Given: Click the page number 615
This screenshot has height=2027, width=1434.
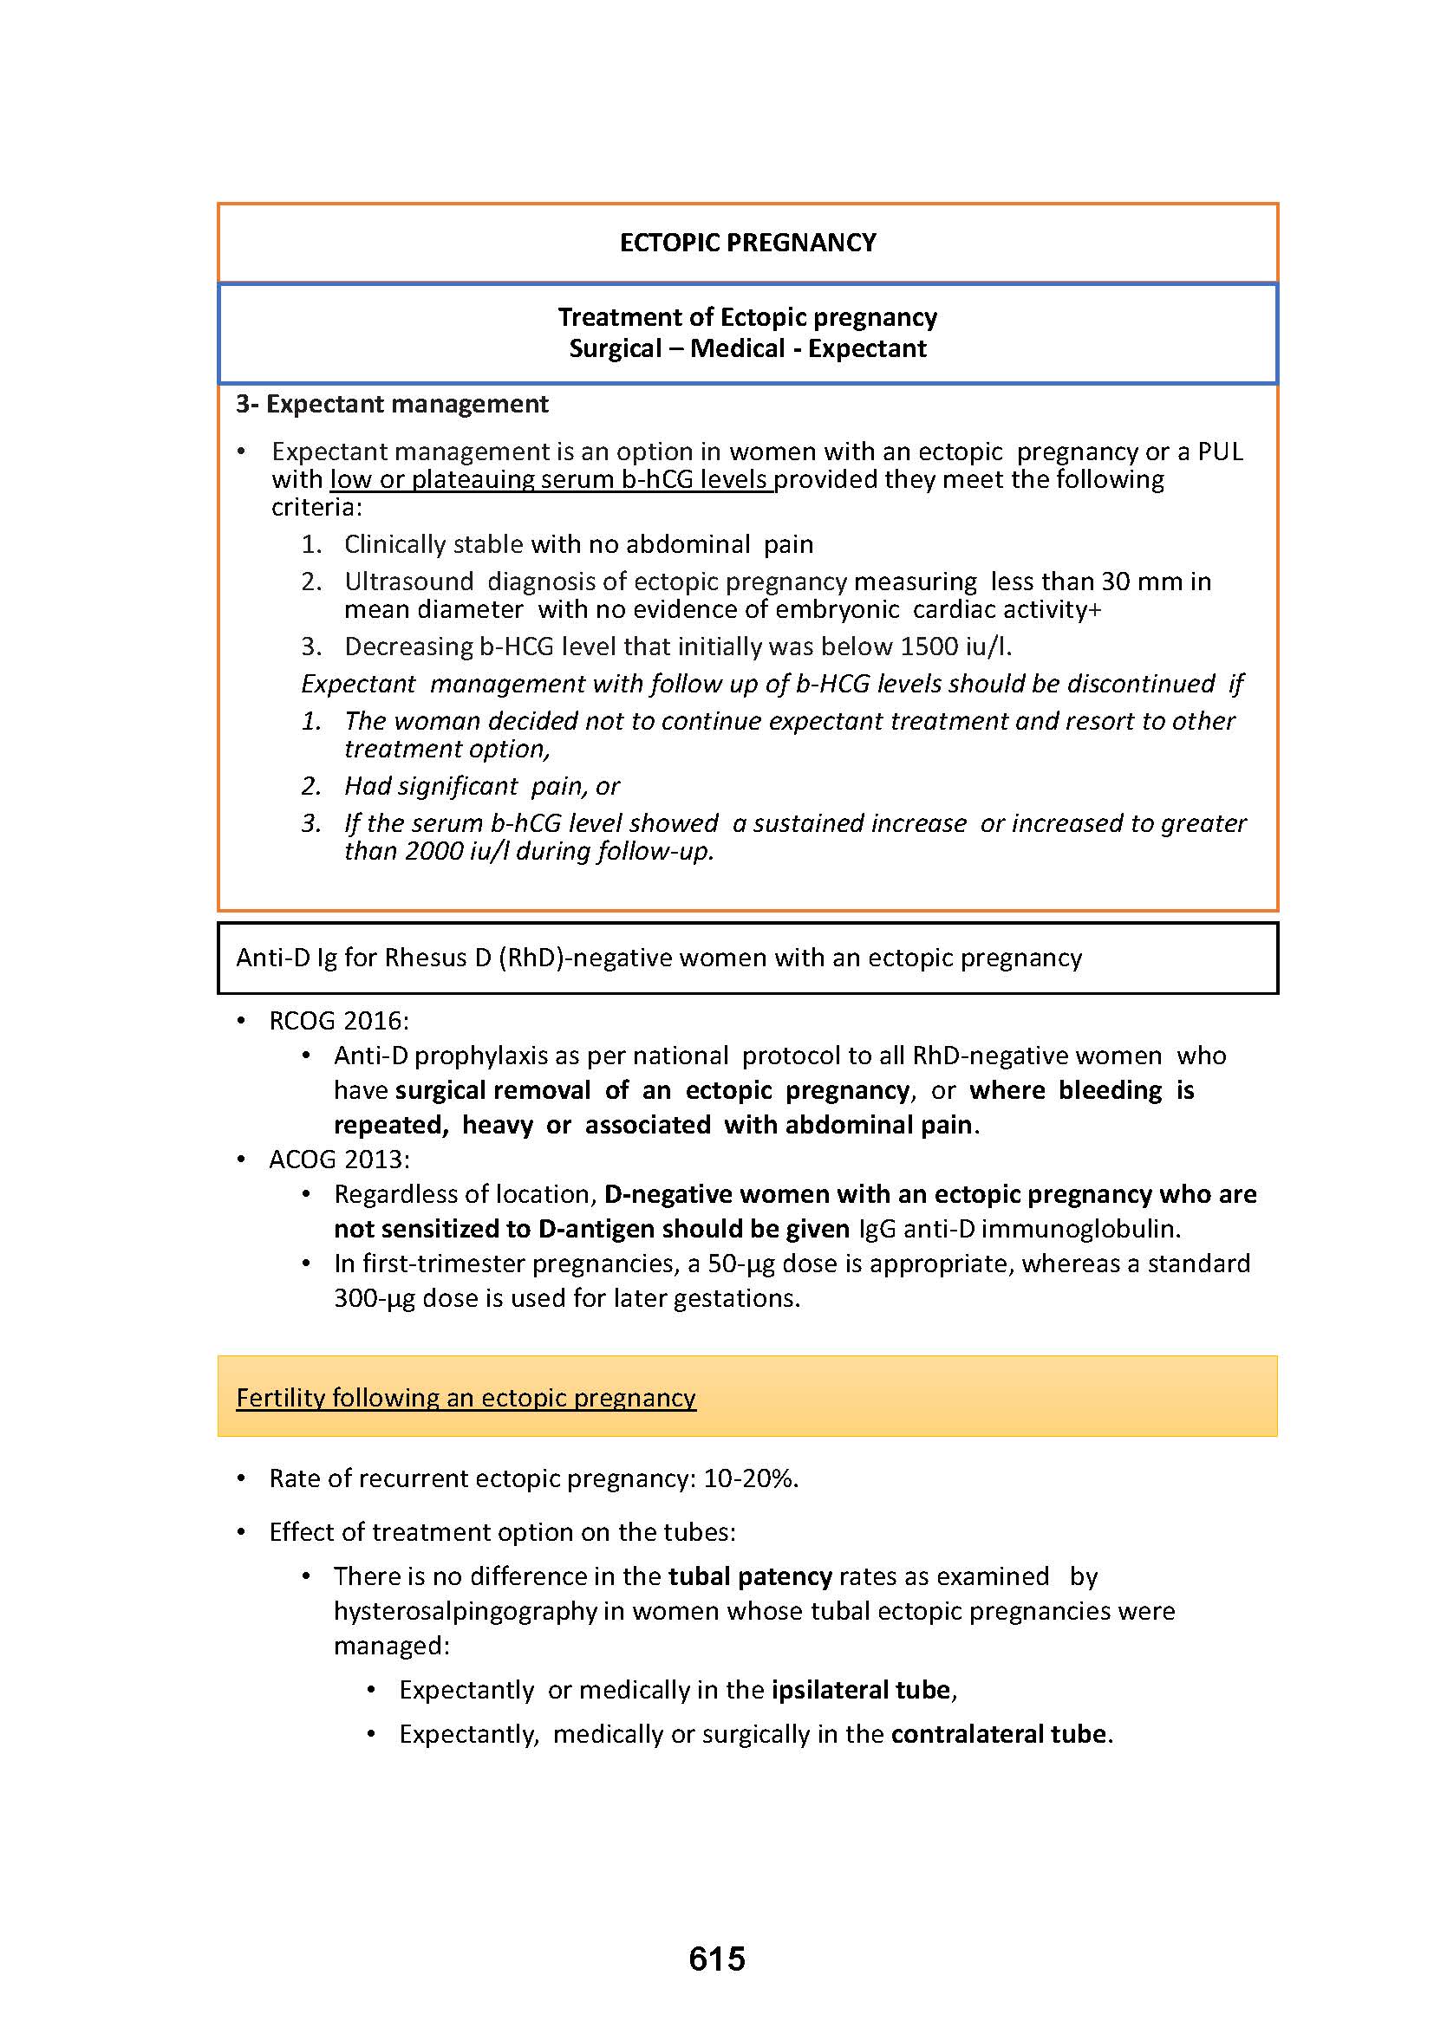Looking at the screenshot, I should coord(717,1959).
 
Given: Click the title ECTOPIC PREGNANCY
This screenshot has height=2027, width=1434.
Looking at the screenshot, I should coord(748,243).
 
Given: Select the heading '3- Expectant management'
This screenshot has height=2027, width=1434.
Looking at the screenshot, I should coord(392,405).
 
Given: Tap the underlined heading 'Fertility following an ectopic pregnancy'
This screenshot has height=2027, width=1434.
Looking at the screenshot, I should coord(466,1398).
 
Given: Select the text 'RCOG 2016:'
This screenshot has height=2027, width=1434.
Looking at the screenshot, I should coord(339,1021).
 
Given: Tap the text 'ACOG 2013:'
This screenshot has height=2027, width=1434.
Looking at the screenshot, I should coord(339,1160).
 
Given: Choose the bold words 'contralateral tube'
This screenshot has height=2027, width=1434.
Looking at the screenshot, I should coord(999,1734).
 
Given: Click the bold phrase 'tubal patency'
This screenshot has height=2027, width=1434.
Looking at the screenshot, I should coord(751,1576).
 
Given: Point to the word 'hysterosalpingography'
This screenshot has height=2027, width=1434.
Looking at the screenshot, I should coord(466,1611).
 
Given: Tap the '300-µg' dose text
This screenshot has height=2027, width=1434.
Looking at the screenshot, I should coord(375,1299).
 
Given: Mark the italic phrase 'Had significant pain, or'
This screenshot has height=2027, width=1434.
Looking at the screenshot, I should coord(481,786).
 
